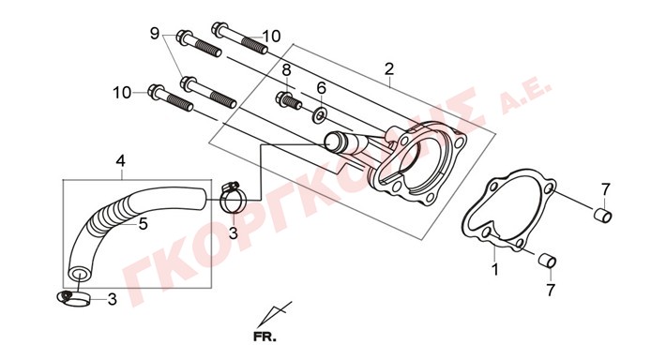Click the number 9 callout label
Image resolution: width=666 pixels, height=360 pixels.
155,33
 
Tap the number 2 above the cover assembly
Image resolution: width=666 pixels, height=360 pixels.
389,68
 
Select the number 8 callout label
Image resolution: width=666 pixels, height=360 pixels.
286,70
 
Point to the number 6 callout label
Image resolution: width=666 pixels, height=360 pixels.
321,88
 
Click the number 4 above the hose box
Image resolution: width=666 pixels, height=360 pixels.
121,161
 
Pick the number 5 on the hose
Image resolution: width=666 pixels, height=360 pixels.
144,224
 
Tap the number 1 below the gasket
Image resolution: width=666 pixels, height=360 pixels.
495,269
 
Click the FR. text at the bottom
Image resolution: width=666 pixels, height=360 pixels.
265,337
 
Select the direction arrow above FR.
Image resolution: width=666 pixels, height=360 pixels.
275,314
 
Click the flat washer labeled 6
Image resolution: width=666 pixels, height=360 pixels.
320,115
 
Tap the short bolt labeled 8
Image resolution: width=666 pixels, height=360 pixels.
289,101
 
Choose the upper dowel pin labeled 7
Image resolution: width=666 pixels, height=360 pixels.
603,216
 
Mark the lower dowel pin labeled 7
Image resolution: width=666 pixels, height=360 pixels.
547,261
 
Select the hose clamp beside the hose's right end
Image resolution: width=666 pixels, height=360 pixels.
231,197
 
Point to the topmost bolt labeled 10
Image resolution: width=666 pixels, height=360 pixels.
239,38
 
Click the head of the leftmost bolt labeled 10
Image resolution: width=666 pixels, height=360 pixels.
156,92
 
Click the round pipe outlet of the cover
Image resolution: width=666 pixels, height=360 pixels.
333,141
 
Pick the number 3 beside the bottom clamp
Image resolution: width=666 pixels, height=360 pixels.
113,300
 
